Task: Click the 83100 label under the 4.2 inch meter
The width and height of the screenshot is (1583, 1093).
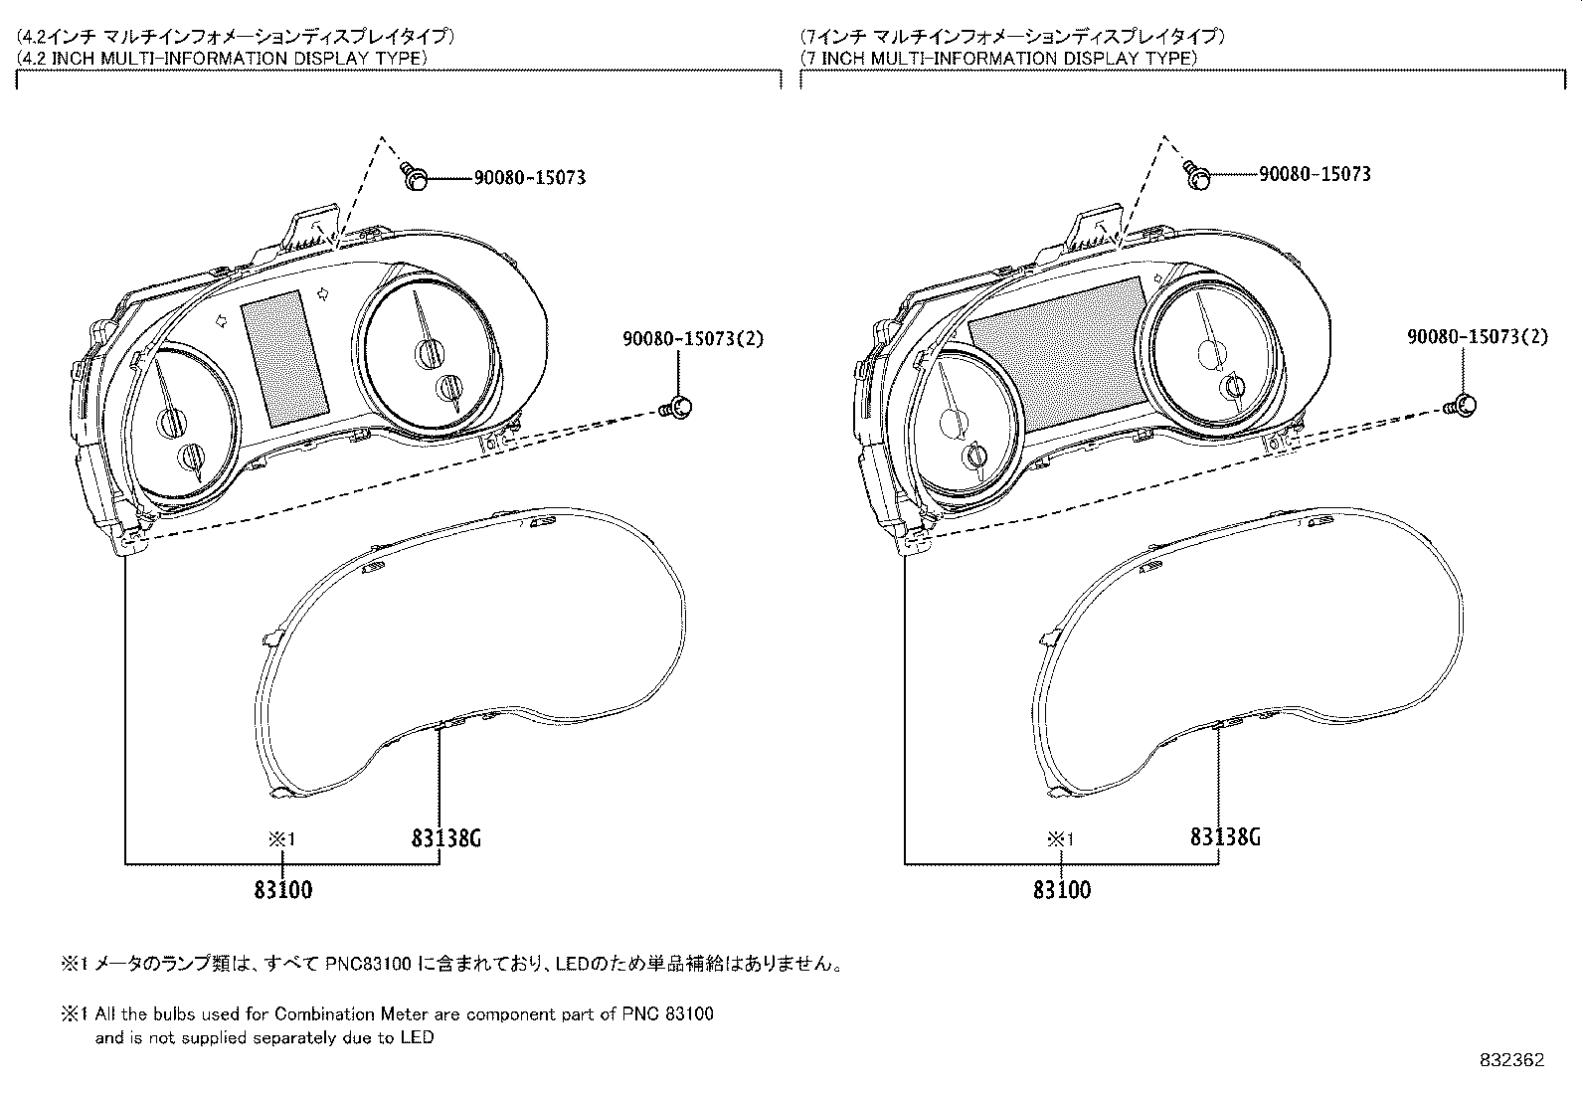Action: pos(282,889)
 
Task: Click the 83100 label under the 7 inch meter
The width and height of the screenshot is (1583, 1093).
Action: pos(1062,889)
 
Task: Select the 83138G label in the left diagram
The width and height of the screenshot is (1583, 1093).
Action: pos(445,838)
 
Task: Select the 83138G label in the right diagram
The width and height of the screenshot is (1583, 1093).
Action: pos(1225,837)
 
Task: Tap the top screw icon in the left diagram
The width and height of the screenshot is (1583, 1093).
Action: pos(416,177)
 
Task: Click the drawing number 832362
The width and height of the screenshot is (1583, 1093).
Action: pos(1511,1060)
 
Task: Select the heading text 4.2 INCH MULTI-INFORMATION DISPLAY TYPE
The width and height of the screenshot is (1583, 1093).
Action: pos(224,58)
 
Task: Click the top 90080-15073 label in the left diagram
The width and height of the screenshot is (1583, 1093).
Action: pos(530,178)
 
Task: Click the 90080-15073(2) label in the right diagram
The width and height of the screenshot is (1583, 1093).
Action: pos(1477,337)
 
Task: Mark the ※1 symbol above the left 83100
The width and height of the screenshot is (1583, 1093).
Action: pos(282,839)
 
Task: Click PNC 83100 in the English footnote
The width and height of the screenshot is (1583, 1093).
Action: pos(667,1015)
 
